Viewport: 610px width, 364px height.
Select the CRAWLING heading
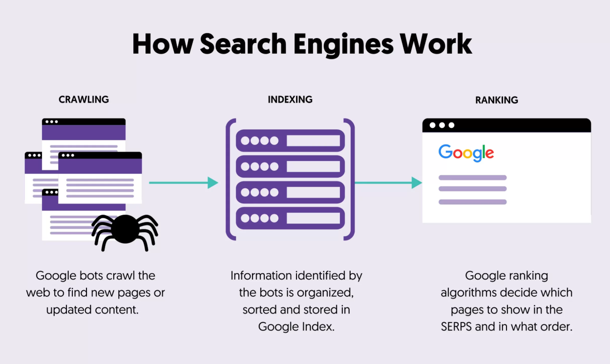(84, 100)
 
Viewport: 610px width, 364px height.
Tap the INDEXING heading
(290, 100)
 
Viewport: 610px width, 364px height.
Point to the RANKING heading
(497, 100)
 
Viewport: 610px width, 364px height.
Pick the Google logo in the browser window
(466, 153)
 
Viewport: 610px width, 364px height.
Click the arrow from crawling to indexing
(183, 182)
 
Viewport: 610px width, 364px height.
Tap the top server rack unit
(290, 141)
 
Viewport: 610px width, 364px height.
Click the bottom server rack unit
(290, 218)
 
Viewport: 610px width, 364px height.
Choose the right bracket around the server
(351, 179)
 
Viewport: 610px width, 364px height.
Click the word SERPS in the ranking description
(456, 326)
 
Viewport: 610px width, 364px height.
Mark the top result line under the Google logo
(472, 178)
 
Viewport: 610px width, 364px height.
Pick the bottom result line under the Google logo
(472, 202)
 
